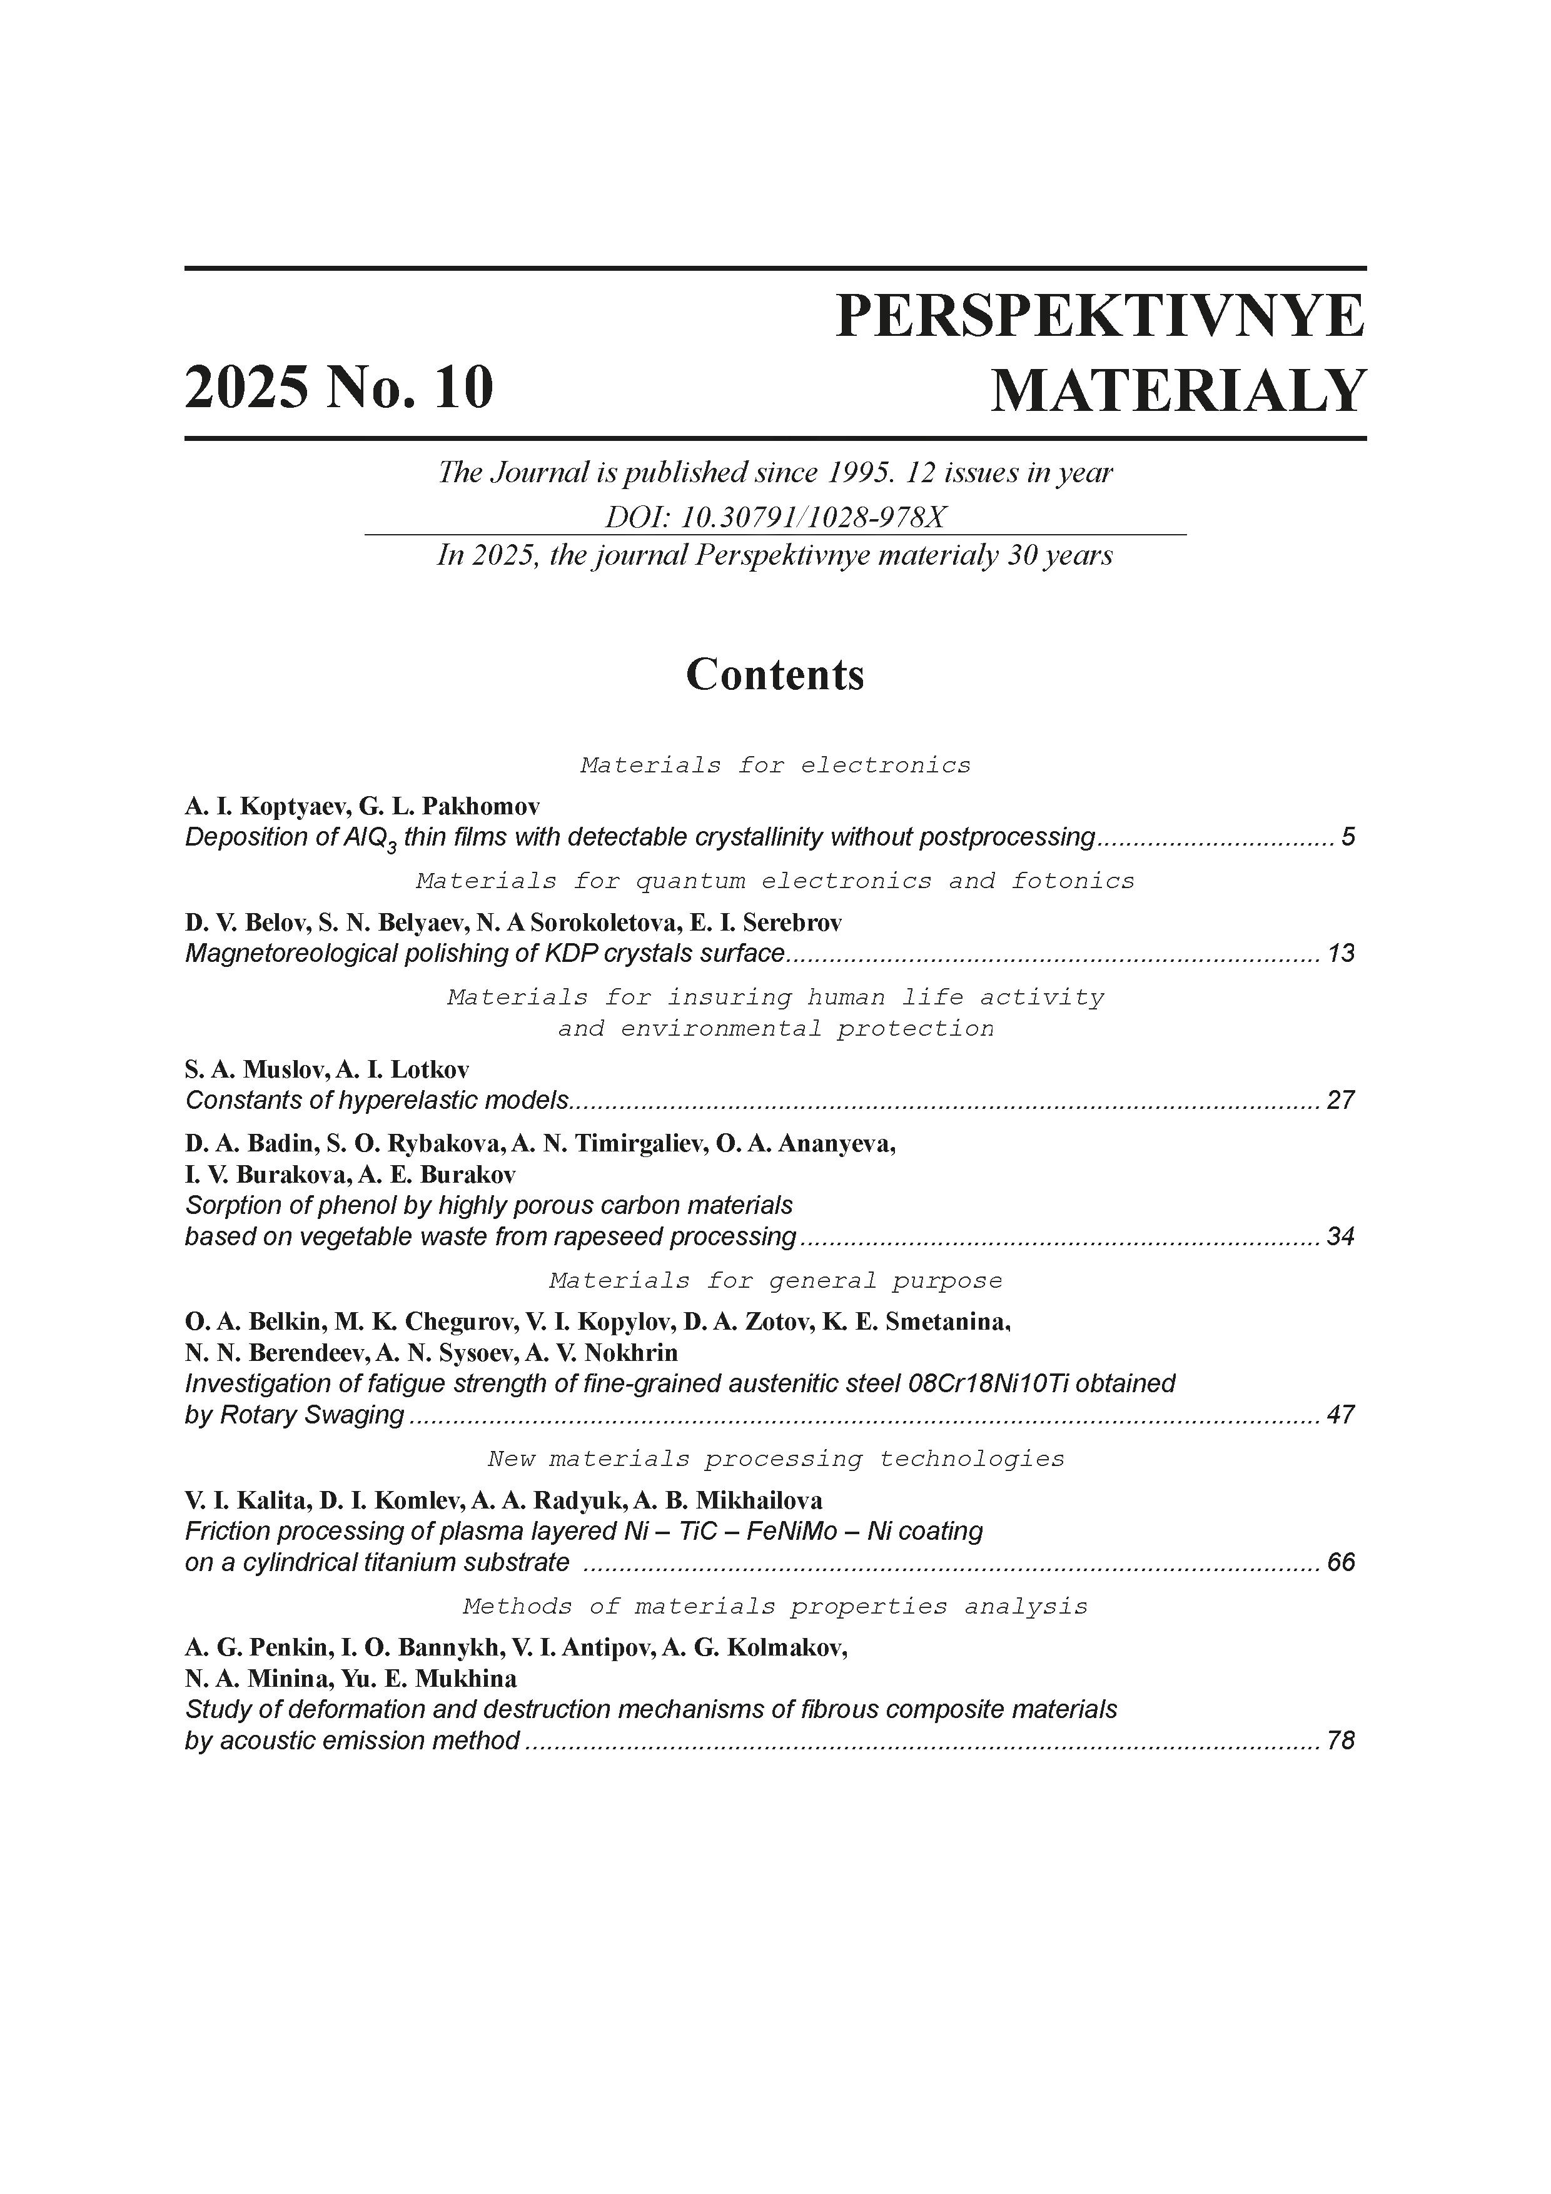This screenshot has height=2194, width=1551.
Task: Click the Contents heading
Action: click(x=774, y=675)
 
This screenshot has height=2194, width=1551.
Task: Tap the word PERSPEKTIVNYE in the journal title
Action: click(x=1100, y=316)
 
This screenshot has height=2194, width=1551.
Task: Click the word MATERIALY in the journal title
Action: click(x=1178, y=391)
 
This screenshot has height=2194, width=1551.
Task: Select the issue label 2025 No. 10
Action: click(x=339, y=388)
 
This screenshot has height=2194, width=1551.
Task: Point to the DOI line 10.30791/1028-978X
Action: click(x=775, y=517)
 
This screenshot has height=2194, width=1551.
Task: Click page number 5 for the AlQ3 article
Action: click(x=1348, y=837)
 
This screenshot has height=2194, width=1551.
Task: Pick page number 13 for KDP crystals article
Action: click(x=1341, y=954)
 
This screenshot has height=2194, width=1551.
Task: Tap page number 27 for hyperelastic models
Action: click(x=1341, y=1101)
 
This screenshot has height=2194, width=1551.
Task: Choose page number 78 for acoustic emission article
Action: click(x=1341, y=1741)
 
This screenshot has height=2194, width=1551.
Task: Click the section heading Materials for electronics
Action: click(x=775, y=766)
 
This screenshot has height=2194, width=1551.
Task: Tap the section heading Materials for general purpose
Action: click(x=775, y=1280)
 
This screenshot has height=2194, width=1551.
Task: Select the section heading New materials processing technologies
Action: click(x=775, y=1459)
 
